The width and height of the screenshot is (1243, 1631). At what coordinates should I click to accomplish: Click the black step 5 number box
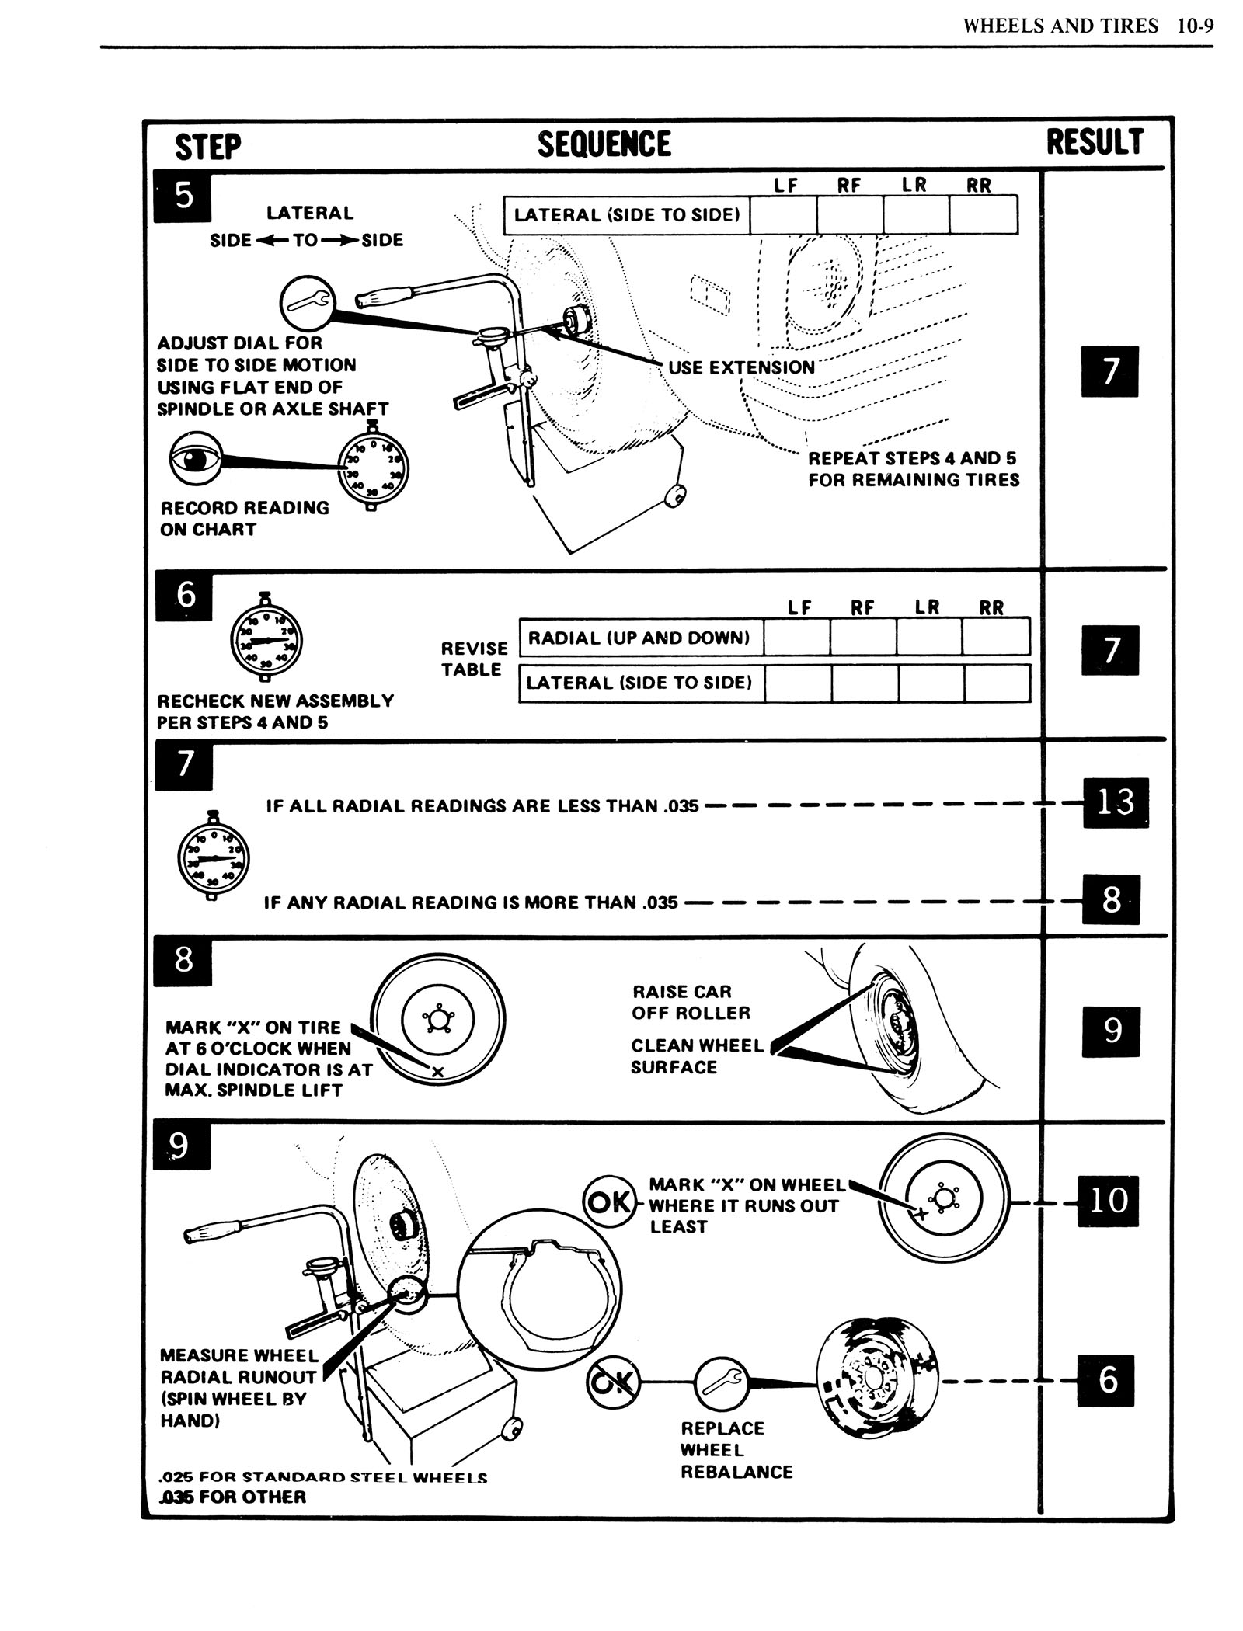tap(183, 196)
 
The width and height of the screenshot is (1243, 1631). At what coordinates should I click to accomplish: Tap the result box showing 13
tap(1116, 802)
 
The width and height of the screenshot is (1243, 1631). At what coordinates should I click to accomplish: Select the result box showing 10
tap(1108, 1201)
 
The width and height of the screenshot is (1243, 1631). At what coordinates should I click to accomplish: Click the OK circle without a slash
tap(608, 1202)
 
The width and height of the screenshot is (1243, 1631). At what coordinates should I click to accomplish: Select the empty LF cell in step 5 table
tap(783, 215)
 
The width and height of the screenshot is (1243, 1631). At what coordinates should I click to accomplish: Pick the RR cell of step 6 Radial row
tap(995, 638)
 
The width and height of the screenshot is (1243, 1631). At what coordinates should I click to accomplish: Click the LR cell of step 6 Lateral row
tap(931, 683)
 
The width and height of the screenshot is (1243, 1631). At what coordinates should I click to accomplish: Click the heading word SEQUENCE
tap(604, 144)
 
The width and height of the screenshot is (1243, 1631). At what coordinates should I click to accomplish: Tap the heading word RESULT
tap(1095, 143)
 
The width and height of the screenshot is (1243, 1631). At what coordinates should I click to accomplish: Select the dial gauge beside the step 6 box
tap(266, 641)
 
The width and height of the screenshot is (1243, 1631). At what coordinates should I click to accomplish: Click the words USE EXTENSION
tap(741, 367)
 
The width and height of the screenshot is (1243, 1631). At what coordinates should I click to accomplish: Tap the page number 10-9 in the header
tap(1194, 26)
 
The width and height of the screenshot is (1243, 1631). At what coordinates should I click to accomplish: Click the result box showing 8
tap(1111, 900)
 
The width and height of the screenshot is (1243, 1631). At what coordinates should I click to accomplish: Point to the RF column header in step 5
tap(849, 186)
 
